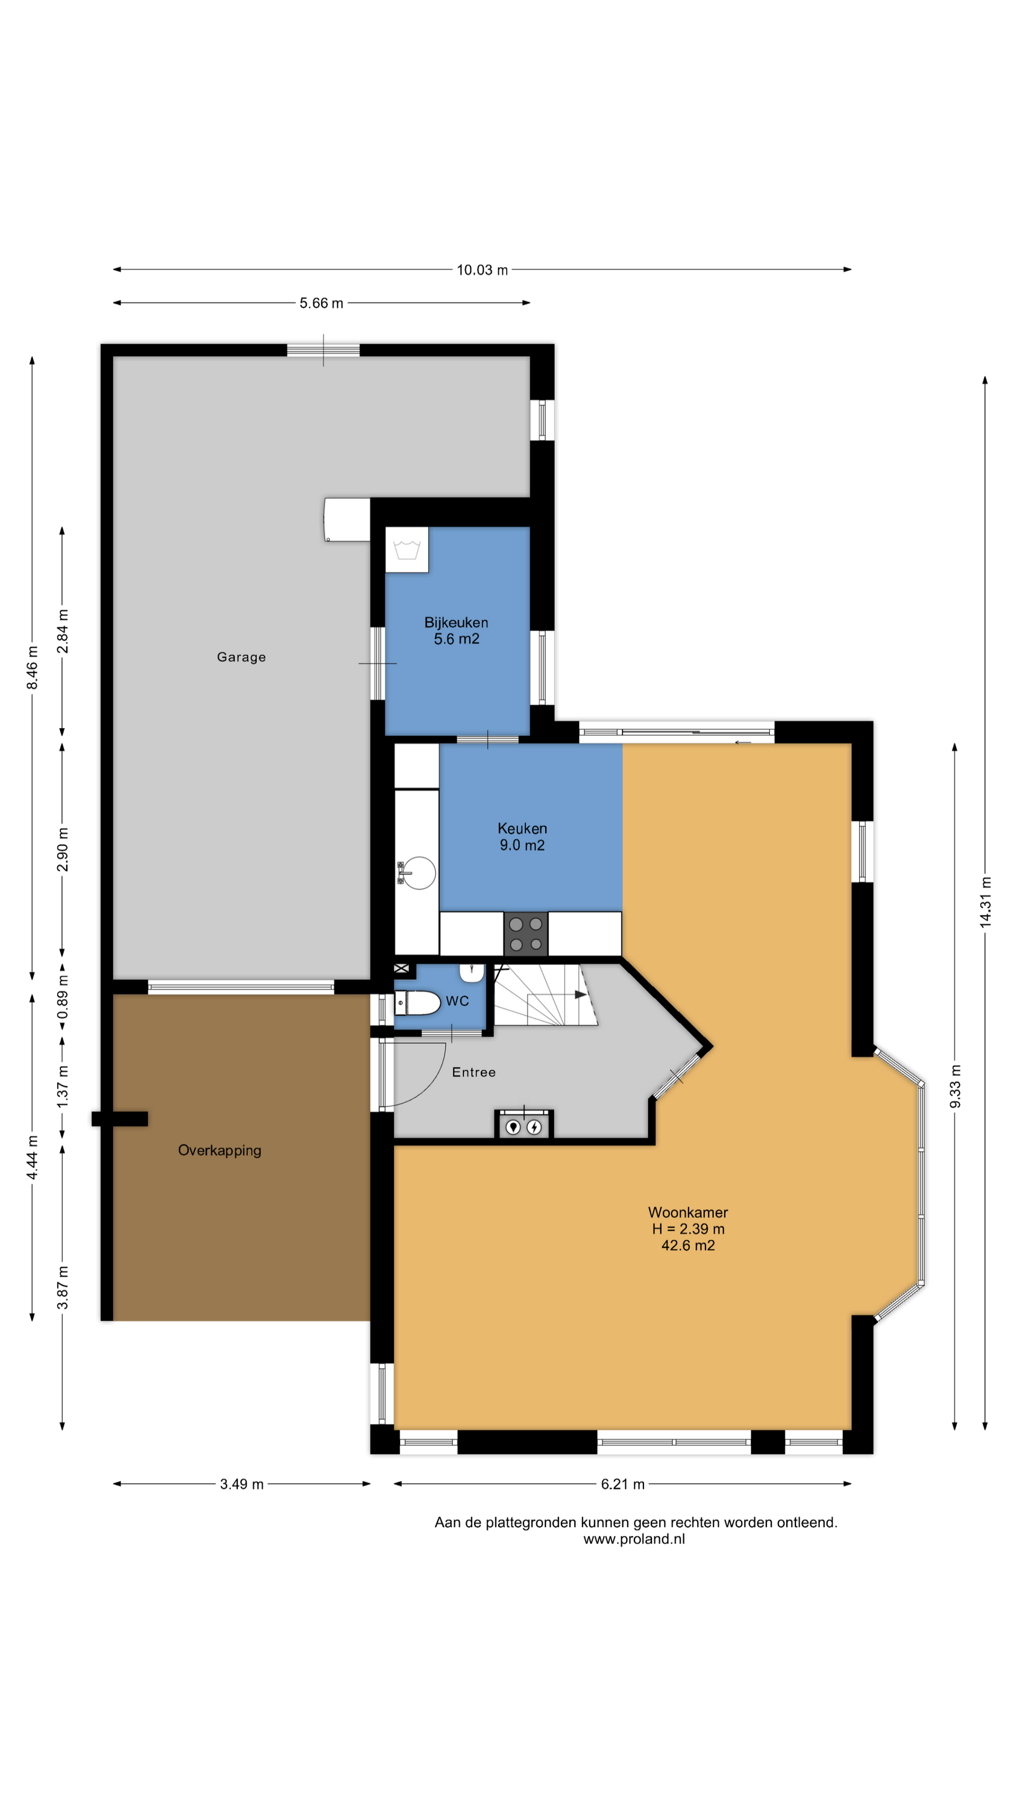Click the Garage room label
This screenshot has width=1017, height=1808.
pos(241,657)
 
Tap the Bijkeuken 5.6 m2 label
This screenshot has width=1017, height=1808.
pos(456,630)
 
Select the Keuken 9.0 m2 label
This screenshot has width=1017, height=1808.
pos(522,837)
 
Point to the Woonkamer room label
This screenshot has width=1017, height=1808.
pos(688,1212)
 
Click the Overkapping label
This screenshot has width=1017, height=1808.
pos(220,1150)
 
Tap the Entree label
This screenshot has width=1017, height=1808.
pos(474,1072)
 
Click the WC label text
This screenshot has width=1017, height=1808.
pos(457,1001)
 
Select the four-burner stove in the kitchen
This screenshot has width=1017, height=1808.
pos(526,934)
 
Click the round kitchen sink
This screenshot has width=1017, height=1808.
pos(418,873)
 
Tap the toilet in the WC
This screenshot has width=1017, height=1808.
pos(418,1003)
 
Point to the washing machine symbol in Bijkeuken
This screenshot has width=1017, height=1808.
pos(407,550)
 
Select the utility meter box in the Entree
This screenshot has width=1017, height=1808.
pos(524,1125)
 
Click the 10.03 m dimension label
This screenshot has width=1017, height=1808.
pos(482,270)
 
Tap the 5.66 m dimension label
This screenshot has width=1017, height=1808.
pos(322,303)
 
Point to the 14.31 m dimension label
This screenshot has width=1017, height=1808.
pos(986,902)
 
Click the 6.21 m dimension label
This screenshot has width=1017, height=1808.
pos(622,1484)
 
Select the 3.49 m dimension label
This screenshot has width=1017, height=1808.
pos(242,1484)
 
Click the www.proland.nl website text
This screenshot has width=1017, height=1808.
pos(634,1539)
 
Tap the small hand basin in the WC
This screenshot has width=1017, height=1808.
pos(472,973)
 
